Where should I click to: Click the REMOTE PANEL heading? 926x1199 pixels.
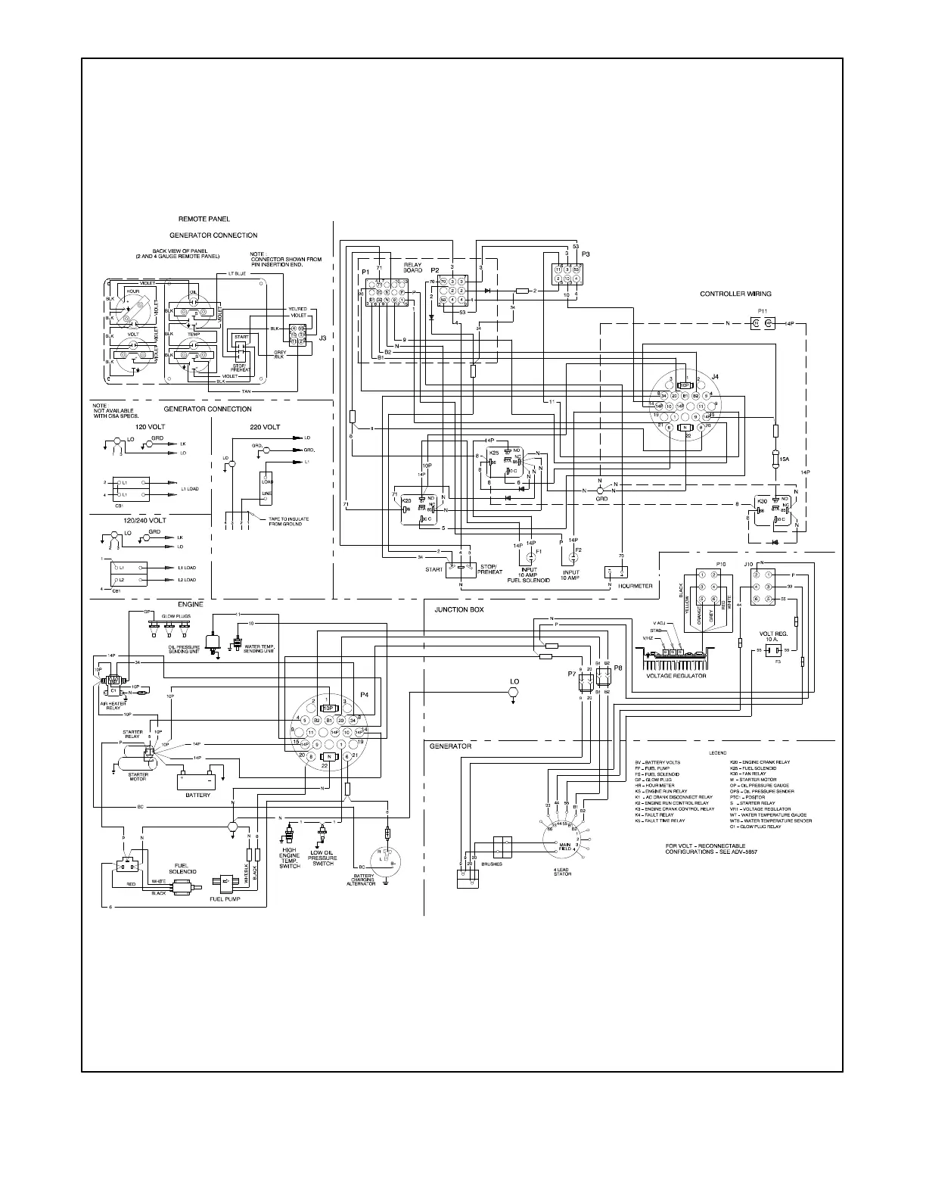pos(204,220)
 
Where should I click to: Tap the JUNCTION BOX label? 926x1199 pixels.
pos(458,609)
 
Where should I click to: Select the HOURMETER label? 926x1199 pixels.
pos(635,586)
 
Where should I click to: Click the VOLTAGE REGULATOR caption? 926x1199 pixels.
pos(676,676)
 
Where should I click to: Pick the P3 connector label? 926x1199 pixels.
pos(586,254)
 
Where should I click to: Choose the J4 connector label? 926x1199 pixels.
pos(715,376)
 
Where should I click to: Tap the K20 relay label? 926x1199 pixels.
pos(406,500)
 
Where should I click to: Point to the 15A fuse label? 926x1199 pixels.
pos(785,459)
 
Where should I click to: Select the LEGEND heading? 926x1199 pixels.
pos(717,753)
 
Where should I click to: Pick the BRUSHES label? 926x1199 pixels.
pos(491,864)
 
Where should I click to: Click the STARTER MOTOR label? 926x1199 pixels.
pos(138,777)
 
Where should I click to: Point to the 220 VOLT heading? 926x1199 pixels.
pos(265,427)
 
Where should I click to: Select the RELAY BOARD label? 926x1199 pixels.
pos(412,267)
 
